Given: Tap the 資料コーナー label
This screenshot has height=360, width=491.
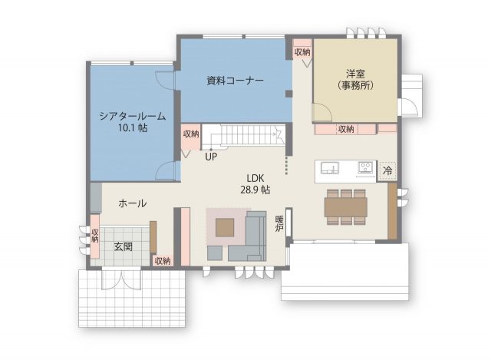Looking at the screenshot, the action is [x=236, y=81].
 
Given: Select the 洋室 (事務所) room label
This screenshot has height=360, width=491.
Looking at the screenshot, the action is [x=356, y=80].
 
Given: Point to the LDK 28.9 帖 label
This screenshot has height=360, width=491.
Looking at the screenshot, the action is [x=255, y=184].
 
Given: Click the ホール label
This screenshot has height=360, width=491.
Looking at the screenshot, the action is [x=133, y=203].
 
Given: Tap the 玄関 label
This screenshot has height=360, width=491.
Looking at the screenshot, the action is [x=123, y=246].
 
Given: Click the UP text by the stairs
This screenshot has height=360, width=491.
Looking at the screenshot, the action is [x=211, y=157].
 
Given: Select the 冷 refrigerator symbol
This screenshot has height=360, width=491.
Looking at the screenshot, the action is [x=387, y=171].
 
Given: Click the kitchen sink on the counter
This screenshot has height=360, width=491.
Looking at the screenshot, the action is [x=329, y=167].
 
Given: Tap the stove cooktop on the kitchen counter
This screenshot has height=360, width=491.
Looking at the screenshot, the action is [x=365, y=167].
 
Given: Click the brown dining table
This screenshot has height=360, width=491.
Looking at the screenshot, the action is [x=346, y=207].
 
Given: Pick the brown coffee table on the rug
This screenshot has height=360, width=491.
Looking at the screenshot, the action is [x=225, y=227].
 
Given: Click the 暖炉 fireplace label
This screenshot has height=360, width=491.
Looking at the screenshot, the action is [x=278, y=223].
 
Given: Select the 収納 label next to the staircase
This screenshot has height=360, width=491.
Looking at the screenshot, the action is [x=191, y=134].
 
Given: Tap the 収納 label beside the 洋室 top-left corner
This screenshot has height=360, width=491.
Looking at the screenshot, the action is [x=302, y=52].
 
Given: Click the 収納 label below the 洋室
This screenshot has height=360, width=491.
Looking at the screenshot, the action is [x=346, y=129].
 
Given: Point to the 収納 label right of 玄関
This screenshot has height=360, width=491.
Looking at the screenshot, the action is [x=163, y=261].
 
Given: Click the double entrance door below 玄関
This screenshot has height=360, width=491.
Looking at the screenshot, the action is [x=121, y=279].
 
